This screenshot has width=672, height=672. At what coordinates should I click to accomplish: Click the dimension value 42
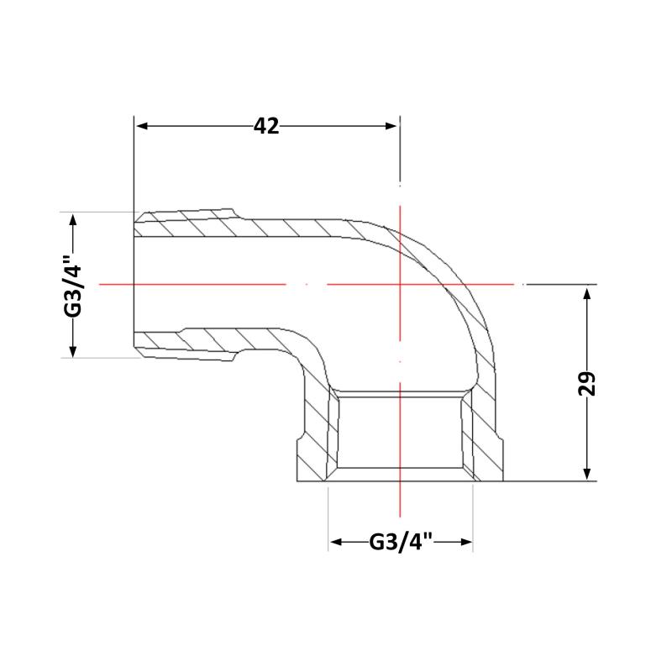coord(266,126)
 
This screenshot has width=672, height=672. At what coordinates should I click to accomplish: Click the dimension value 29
coord(587,383)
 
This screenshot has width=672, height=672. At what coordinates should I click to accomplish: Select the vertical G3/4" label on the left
coord(73,285)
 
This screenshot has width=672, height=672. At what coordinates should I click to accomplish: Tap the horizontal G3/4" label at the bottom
coord(401,542)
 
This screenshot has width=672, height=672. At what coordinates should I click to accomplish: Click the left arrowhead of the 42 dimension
coord(142,126)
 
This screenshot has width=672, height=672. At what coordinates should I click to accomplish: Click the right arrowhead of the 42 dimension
coord(391,126)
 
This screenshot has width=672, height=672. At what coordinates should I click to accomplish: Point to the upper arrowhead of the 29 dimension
coord(587,294)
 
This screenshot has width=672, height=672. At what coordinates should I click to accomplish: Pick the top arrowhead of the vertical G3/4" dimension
coord(73,221)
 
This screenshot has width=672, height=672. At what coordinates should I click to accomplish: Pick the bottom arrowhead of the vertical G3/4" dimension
coord(73,350)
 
